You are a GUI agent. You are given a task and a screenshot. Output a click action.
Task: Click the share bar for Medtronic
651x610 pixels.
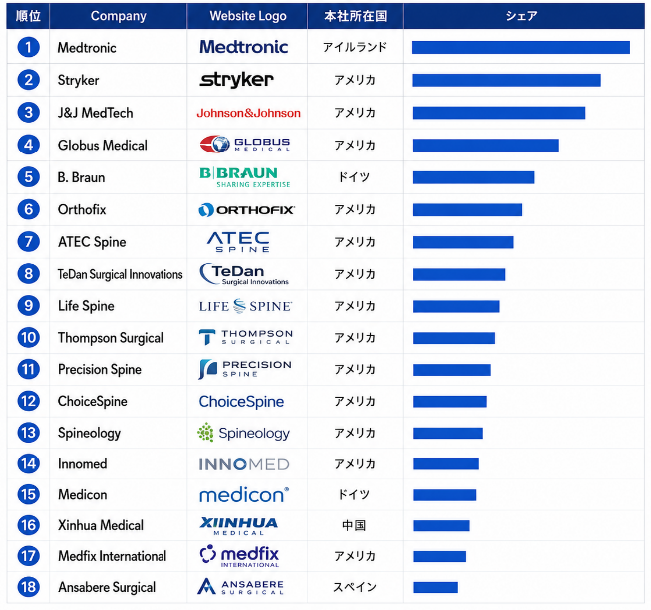[x=520, y=47]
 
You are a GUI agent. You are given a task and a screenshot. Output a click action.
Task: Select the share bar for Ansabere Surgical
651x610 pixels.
[x=435, y=587]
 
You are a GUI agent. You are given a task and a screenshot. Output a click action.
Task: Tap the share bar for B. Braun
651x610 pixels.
[x=474, y=177]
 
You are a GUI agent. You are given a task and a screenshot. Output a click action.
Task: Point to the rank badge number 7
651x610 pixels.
[x=28, y=242]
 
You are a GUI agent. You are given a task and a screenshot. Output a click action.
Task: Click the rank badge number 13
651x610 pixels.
[x=28, y=433]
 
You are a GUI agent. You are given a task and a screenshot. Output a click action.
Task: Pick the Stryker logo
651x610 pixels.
[x=236, y=80]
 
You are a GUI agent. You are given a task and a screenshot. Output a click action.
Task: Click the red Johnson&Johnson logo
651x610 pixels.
[x=248, y=113]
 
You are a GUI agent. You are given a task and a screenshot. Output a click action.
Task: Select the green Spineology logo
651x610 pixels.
[x=243, y=433]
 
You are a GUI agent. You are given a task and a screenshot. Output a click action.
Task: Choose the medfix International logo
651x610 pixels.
[x=239, y=556]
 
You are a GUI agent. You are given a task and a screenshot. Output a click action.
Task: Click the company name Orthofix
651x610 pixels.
[x=82, y=209]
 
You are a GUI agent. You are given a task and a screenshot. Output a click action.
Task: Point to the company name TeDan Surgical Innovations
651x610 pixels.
[x=120, y=274]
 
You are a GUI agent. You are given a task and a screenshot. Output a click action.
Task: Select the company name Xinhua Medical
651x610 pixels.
[x=101, y=525]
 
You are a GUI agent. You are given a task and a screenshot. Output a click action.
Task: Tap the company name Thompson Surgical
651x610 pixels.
[x=111, y=338]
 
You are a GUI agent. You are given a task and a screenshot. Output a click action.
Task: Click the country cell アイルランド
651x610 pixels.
[x=355, y=47]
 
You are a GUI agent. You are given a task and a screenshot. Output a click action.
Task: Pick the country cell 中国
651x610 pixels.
[x=354, y=525]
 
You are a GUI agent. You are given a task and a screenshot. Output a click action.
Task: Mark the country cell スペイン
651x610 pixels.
[x=355, y=587]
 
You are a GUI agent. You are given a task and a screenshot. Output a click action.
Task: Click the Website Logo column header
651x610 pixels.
[x=248, y=16]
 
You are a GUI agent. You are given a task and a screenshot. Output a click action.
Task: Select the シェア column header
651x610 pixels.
[x=521, y=16]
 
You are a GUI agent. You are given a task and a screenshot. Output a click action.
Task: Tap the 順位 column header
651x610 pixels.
[x=28, y=16]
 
